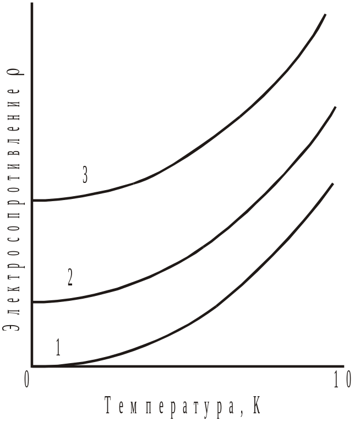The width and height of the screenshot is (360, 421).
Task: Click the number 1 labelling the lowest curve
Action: pyautogui.click(x=58, y=348)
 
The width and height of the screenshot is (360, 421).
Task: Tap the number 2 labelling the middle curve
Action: pyautogui.click(x=70, y=277)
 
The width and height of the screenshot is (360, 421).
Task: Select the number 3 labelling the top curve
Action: pyautogui.click(x=85, y=175)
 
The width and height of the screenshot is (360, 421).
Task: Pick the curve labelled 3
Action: pyautogui.click(x=220, y=136)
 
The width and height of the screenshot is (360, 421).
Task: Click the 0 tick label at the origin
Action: pyautogui.click(x=26, y=380)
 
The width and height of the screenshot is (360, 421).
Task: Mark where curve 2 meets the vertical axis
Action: pyautogui.click(x=33, y=302)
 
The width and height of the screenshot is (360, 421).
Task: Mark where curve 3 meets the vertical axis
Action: pyautogui.click(x=33, y=201)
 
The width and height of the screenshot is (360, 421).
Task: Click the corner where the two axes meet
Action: pyautogui.click(x=33, y=366)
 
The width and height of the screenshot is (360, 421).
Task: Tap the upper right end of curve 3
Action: pyautogui.click(x=325, y=15)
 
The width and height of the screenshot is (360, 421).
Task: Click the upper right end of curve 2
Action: pyautogui.click(x=334, y=107)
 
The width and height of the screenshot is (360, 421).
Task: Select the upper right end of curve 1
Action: pyautogui.click(x=332, y=184)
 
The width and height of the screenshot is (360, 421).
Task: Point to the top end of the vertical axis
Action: pyautogui.click(x=33, y=4)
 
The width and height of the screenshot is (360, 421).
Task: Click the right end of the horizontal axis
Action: pyautogui.click(x=344, y=366)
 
